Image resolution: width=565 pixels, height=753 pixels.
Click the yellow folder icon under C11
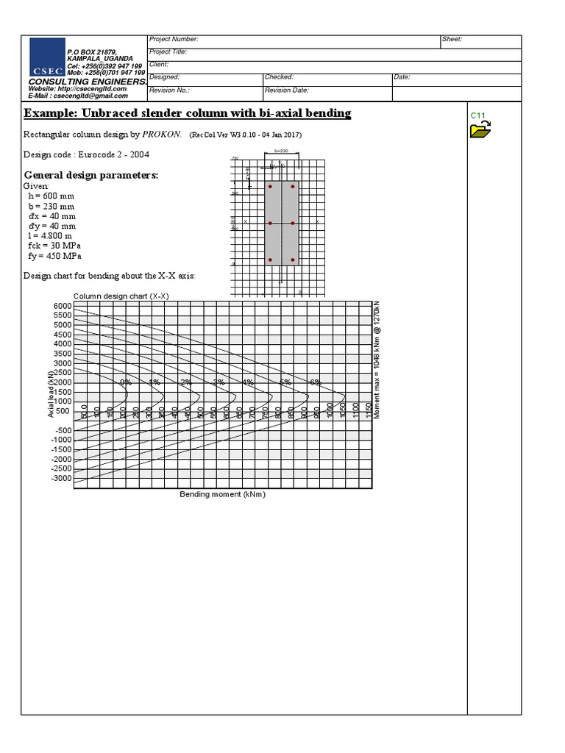[480, 131]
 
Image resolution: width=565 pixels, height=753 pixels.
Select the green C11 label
[478, 116]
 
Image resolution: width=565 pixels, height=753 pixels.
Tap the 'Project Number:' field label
[174, 39]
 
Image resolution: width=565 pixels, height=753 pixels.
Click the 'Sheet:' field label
[452, 39]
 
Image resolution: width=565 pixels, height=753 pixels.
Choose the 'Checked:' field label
[280, 77]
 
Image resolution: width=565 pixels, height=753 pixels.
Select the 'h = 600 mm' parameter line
[50, 196]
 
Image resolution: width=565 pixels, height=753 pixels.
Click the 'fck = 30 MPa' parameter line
[54, 246]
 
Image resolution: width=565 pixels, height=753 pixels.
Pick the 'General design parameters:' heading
[91, 175]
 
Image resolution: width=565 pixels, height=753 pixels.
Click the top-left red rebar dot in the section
[271, 187]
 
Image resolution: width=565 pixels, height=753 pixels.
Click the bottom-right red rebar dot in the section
[293, 260]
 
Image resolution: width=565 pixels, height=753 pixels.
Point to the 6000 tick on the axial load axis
[63, 306]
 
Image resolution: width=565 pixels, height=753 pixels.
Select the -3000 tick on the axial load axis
[61, 478]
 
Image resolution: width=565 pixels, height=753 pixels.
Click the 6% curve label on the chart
[316, 382]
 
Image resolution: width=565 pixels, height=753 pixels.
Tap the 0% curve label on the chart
[127, 382]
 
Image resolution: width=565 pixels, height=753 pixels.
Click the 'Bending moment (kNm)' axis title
[222, 494]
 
